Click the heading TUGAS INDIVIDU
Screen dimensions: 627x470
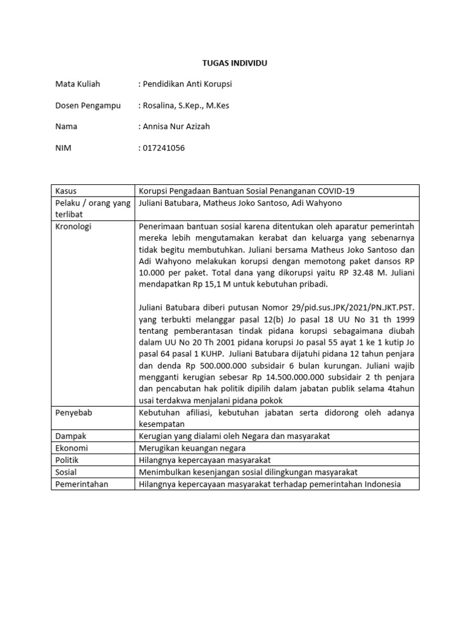click(x=235, y=63)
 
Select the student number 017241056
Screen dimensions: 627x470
click(x=163, y=148)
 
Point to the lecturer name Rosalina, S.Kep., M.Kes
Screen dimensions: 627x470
click(x=186, y=105)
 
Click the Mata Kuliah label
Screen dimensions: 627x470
click(x=78, y=84)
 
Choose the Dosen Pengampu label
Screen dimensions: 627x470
click(x=88, y=105)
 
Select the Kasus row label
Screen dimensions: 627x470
click(x=66, y=191)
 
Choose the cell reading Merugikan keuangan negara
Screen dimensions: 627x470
click(x=192, y=448)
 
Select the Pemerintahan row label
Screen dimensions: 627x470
click(x=81, y=484)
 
